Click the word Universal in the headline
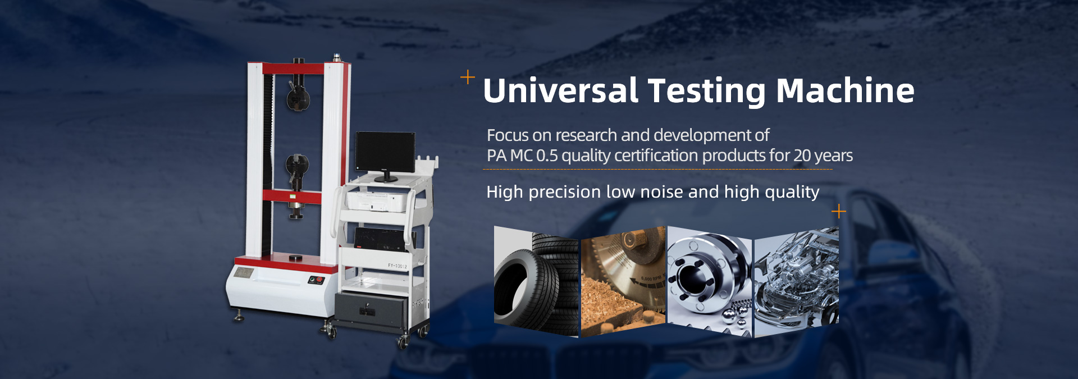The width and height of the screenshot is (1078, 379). [x=561, y=90]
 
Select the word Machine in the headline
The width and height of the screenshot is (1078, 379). [x=845, y=90]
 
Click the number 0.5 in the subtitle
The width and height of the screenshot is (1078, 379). [x=547, y=156]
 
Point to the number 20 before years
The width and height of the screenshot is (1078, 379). [x=802, y=156]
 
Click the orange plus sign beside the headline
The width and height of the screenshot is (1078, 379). [x=468, y=77]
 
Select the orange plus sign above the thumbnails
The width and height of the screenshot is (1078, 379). [x=839, y=211]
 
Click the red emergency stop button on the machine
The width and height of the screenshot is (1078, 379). [x=319, y=279]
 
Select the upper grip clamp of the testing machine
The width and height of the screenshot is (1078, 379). [x=298, y=96]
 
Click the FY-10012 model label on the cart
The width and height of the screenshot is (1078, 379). [x=397, y=266]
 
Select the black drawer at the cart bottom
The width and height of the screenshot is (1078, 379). [x=371, y=309]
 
